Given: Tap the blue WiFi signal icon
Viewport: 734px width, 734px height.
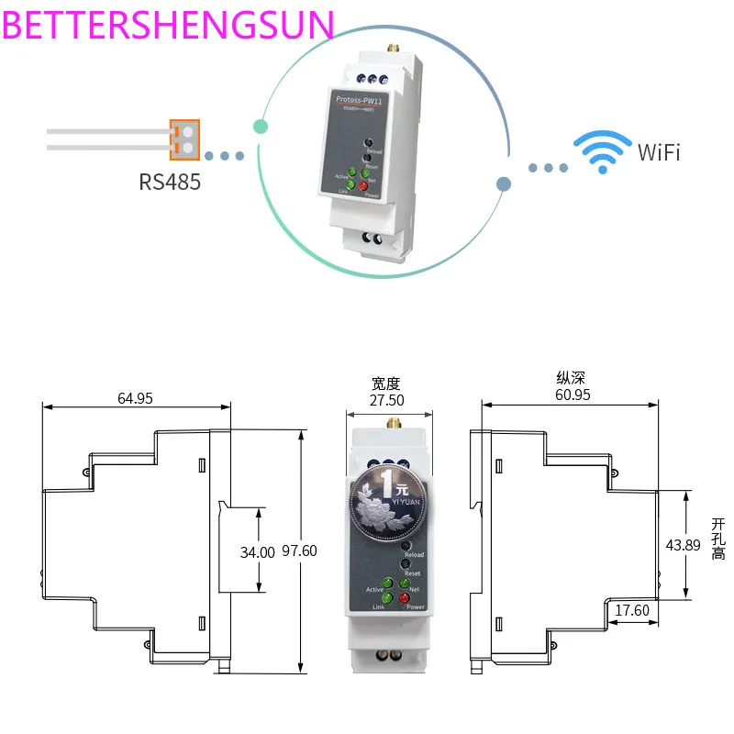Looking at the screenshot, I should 602,152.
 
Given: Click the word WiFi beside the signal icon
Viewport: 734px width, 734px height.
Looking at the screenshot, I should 659,152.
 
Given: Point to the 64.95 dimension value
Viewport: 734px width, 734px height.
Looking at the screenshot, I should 136,398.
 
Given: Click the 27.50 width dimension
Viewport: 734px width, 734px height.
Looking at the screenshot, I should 386,400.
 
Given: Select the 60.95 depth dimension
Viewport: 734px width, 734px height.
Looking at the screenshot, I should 572,395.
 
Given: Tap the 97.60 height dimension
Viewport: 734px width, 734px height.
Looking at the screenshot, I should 298,551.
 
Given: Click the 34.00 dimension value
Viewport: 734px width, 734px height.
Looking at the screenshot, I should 257,552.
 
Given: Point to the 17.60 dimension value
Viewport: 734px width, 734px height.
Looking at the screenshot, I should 631,610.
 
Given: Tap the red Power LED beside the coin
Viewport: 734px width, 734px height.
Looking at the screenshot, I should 404,598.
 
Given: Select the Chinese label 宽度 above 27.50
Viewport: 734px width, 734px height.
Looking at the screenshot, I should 386,384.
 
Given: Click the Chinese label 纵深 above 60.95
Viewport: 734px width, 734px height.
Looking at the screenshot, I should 571,377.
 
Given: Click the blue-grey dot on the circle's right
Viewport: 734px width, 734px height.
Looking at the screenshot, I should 503,183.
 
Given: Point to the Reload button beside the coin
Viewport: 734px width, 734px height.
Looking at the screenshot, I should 405,546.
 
